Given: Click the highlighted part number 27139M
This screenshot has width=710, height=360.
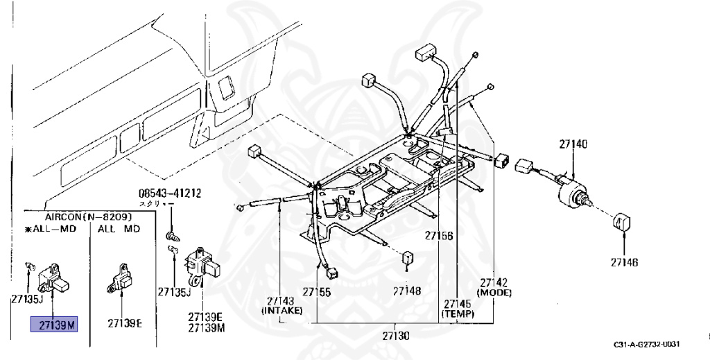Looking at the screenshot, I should (54, 323).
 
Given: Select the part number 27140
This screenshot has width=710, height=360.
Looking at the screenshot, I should (573, 144).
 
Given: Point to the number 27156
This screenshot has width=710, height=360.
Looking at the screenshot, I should (439, 237).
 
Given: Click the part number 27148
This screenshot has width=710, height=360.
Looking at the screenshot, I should (407, 291).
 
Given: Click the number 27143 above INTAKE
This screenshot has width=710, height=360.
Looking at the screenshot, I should (280, 301).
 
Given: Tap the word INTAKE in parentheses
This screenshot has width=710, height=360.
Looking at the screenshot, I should (280, 311).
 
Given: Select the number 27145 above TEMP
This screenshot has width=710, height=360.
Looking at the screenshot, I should (458, 304).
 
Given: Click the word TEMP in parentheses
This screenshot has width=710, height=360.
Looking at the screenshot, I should (458, 314).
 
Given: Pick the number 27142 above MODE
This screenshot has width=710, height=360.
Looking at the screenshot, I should (494, 283).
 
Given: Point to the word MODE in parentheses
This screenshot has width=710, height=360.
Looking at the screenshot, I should (494, 293).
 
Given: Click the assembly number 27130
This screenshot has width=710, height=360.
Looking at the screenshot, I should (395, 336).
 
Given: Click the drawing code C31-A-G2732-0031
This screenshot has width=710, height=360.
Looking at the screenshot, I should (647, 345).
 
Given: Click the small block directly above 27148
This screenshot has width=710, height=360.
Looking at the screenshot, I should (408, 258).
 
